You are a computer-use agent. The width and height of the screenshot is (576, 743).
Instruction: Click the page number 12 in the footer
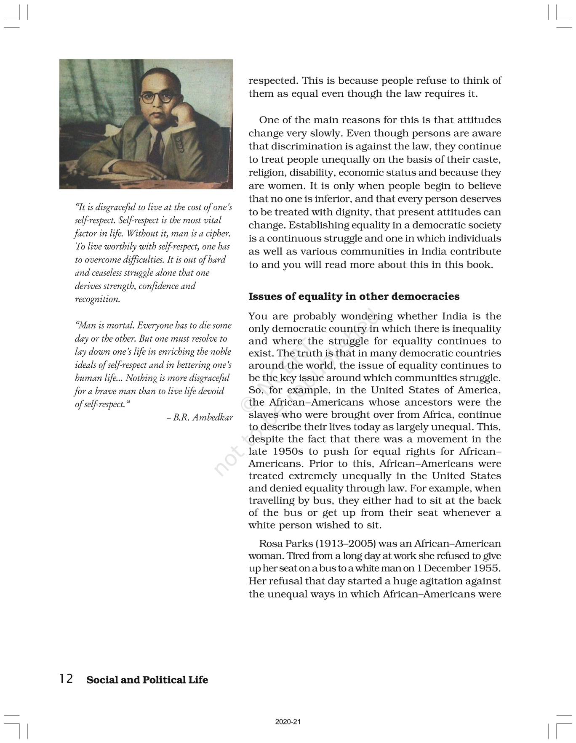[66, 679]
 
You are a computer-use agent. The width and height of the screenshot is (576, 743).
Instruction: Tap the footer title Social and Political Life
[147, 680]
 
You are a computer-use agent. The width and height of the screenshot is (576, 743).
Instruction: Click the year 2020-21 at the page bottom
[288, 722]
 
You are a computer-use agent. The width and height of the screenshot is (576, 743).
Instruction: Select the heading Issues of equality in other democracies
[354, 297]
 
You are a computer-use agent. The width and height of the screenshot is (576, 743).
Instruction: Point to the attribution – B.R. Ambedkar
[200, 418]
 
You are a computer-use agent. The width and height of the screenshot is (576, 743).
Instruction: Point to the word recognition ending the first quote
[97, 299]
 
